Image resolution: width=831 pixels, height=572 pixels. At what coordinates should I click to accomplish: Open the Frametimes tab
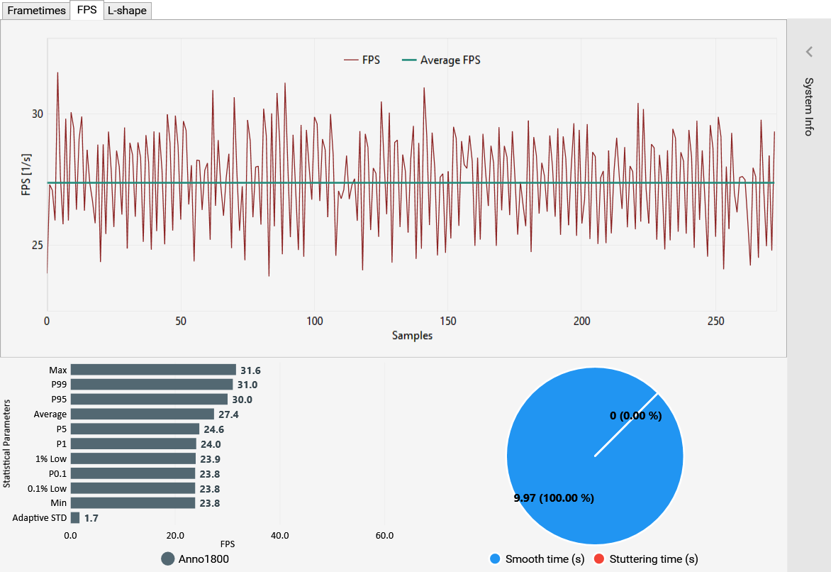[x=36, y=11]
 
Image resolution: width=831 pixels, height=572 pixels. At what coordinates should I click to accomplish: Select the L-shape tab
[x=127, y=11]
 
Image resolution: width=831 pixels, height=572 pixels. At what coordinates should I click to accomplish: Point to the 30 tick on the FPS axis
[x=38, y=114]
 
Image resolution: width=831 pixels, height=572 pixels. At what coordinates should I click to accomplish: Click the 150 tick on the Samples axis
[x=448, y=321]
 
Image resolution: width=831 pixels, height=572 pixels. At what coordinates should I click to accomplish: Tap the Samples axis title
[x=412, y=336]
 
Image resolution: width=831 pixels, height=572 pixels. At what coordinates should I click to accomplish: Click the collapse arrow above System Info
[x=809, y=51]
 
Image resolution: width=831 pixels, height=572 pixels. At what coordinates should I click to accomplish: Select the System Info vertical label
[x=809, y=106]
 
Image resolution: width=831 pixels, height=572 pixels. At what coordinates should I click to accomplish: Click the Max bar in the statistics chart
[x=153, y=370]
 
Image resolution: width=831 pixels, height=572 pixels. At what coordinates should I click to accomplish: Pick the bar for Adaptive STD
[x=75, y=518]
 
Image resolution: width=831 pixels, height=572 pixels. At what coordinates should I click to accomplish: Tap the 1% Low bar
[x=133, y=458]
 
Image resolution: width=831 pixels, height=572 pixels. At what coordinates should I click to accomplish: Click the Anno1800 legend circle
[x=168, y=559]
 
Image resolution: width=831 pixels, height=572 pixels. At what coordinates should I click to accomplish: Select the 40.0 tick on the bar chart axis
[x=279, y=536]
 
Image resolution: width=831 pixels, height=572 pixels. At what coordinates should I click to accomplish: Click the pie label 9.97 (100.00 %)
[x=553, y=498]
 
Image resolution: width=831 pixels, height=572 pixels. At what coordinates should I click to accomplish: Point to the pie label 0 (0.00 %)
[x=635, y=416]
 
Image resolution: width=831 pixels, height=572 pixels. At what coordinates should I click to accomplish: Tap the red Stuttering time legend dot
[x=599, y=559]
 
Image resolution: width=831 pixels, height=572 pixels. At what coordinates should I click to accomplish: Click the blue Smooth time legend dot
[x=496, y=559]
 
